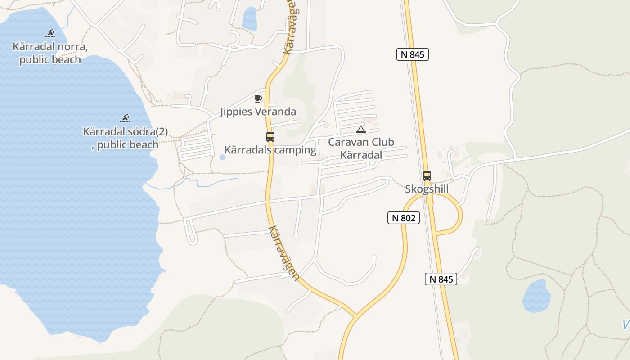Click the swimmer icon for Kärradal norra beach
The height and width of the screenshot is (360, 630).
click(x=50, y=33)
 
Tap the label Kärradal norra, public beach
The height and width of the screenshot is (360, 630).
click(x=50, y=53)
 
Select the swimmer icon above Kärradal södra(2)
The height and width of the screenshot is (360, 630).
click(x=125, y=118)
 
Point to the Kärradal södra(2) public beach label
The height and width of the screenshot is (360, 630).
click(x=125, y=138)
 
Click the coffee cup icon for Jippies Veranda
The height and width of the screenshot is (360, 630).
click(x=258, y=98)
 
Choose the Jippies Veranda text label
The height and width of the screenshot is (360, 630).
click(x=258, y=112)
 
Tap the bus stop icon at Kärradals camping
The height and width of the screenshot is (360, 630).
click(x=270, y=136)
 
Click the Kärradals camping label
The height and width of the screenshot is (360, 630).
click(x=270, y=150)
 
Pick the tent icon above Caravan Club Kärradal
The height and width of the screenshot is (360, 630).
click(x=360, y=130)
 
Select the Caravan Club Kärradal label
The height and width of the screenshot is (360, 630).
click(x=361, y=148)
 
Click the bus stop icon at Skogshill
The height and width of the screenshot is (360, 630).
click(x=427, y=175)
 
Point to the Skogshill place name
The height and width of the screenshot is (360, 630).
click(x=427, y=189)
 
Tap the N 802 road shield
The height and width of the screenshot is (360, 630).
click(x=403, y=218)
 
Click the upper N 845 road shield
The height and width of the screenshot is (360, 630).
click(x=412, y=54)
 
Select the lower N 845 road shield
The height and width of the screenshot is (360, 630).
click(x=441, y=279)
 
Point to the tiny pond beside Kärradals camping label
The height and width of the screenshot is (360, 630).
click(x=222, y=157)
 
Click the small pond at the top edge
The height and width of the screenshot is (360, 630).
click(x=249, y=18)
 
